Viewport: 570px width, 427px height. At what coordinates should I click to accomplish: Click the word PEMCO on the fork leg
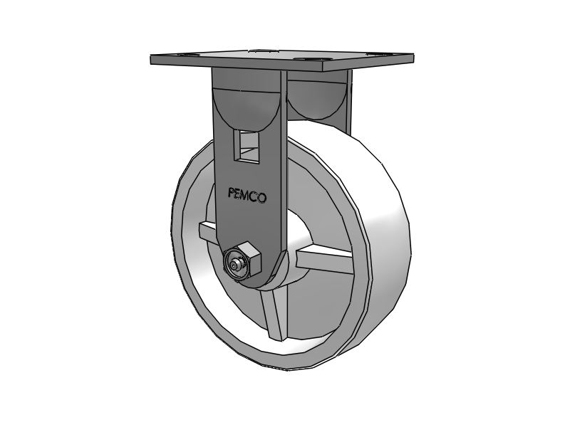(x=247, y=194)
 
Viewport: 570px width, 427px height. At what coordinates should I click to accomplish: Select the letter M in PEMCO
(x=246, y=194)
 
